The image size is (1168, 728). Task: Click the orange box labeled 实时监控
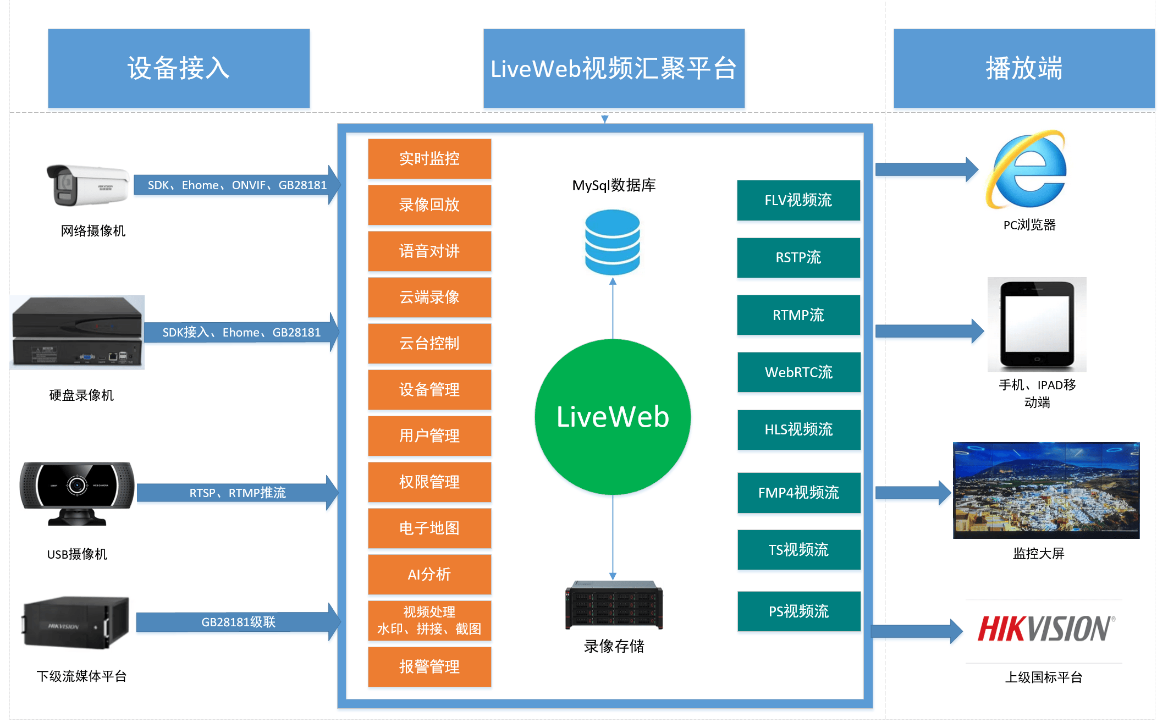pyautogui.click(x=429, y=158)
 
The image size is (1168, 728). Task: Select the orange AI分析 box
pyautogui.click(x=429, y=574)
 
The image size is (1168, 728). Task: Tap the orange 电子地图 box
pyautogui.click(x=429, y=528)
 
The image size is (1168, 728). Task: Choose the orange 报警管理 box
pyautogui.click(x=429, y=666)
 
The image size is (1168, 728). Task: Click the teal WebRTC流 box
pyautogui.click(x=798, y=372)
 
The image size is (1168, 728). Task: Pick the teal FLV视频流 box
pyautogui.click(x=798, y=200)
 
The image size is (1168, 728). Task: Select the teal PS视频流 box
pyautogui.click(x=798, y=611)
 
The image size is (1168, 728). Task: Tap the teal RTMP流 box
pyautogui.click(x=798, y=315)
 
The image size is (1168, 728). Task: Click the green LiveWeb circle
pyautogui.click(x=613, y=417)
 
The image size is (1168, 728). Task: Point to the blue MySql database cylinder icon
pyautogui.click(x=612, y=242)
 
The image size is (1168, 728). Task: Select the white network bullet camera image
pyautogui.click(x=88, y=185)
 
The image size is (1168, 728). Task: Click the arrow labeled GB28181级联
pyautogui.click(x=238, y=622)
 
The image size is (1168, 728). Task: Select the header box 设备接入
pyautogui.click(x=179, y=68)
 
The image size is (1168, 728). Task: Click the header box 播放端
pyautogui.click(x=1023, y=68)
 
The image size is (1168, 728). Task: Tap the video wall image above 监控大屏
pyautogui.click(x=1046, y=490)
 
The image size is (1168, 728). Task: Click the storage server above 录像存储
pyautogui.click(x=614, y=605)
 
